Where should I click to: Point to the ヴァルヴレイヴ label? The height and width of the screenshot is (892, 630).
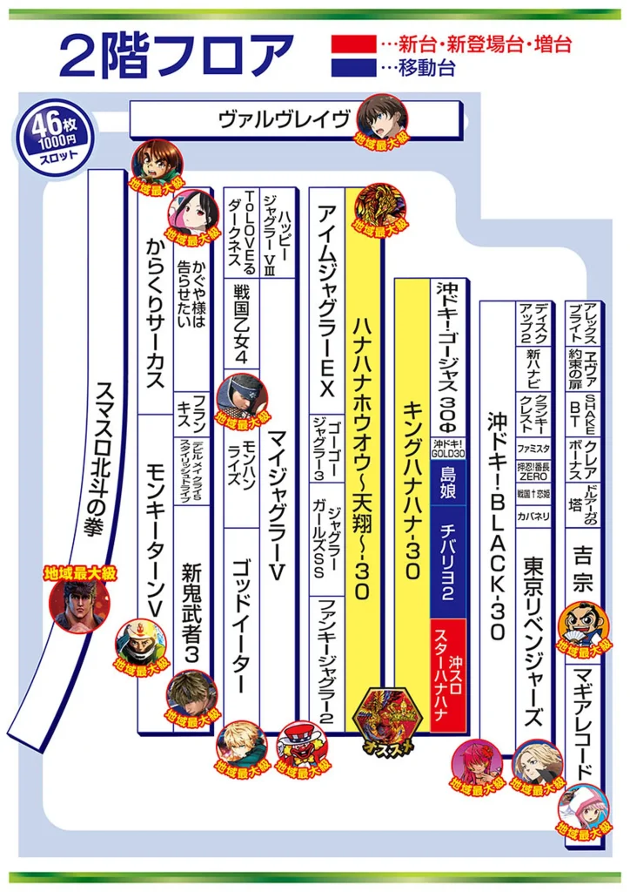pos(287,120)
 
